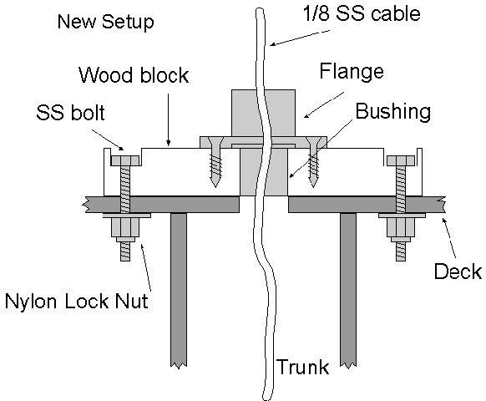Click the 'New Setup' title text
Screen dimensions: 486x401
106,22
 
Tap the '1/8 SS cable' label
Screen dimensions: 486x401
362,14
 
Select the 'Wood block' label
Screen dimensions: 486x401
134,74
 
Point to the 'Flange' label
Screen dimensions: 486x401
352,72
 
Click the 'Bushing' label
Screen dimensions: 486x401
393,111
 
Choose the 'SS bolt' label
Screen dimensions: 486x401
70,112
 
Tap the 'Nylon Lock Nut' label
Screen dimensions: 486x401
77,301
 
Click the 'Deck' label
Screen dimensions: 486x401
458,271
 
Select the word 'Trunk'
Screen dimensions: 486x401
302,367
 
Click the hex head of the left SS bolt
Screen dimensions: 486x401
125,160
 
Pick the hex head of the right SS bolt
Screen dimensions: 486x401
401,160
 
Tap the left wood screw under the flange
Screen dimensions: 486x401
215,162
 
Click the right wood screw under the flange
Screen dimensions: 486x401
314,162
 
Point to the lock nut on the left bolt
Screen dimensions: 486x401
125,230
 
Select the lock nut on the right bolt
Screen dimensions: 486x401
401,230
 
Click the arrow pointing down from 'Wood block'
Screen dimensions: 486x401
169,119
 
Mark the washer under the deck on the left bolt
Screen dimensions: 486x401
127,216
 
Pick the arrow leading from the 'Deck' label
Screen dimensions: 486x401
448,238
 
